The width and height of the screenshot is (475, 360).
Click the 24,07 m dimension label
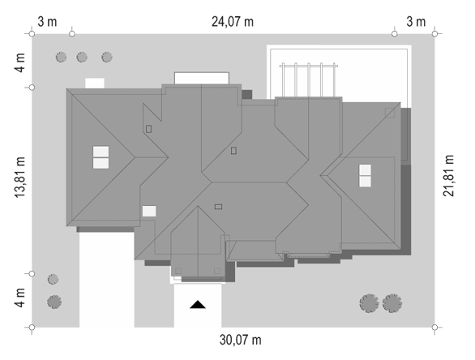pyautogui.click(x=233, y=22)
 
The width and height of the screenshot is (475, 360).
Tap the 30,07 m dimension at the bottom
pyautogui.click(x=240, y=340)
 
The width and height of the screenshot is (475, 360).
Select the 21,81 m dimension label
pyautogui.click(x=448, y=176)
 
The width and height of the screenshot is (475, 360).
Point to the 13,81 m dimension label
pyautogui.click(x=20, y=178)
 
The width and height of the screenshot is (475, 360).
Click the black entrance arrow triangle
pyautogui.click(x=198, y=305)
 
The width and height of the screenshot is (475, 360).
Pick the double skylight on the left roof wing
pyautogui.click(x=101, y=157)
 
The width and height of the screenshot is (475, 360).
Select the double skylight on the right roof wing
pyautogui.click(x=365, y=176)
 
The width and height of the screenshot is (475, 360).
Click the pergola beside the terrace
pyautogui.click(x=308, y=79)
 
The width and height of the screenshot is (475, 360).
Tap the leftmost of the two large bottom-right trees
pyautogui.click(x=369, y=303)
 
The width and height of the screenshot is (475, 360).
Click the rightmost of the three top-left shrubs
pyautogui.click(x=107, y=57)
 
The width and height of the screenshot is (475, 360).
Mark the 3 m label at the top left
pyautogui.click(x=47, y=22)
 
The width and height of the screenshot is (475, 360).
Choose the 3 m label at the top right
pyautogui.click(x=416, y=22)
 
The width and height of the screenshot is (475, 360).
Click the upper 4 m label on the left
pyautogui.click(x=20, y=63)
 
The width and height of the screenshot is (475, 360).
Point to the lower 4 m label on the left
pyautogui.click(x=20, y=298)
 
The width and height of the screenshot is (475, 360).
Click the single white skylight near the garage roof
pyautogui.click(x=149, y=211)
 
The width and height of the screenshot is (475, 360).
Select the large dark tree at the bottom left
pyautogui.click(x=54, y=302)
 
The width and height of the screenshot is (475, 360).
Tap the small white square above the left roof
pyautogui.click(x=95, y=83)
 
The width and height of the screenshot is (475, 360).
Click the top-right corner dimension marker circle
pyautogui.click(x=434, y=33)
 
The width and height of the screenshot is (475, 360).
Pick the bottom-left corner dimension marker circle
pyautogui.click(x=32, y=328)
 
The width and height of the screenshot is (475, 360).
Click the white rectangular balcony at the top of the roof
pyautogui.click(x=202, y=78)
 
